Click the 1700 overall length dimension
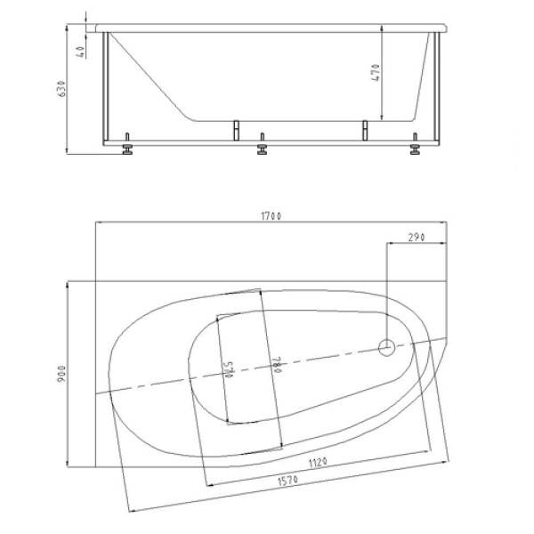point(271,216)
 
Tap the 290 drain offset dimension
point(417,237)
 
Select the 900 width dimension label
point(62,374)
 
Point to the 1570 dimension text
point(288,481)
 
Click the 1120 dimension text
point(318,463)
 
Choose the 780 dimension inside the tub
point(277,365)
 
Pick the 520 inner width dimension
point(230,371)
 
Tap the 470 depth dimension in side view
point(376,72)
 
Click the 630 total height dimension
point(62,88)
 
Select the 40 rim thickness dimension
point(81,52)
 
